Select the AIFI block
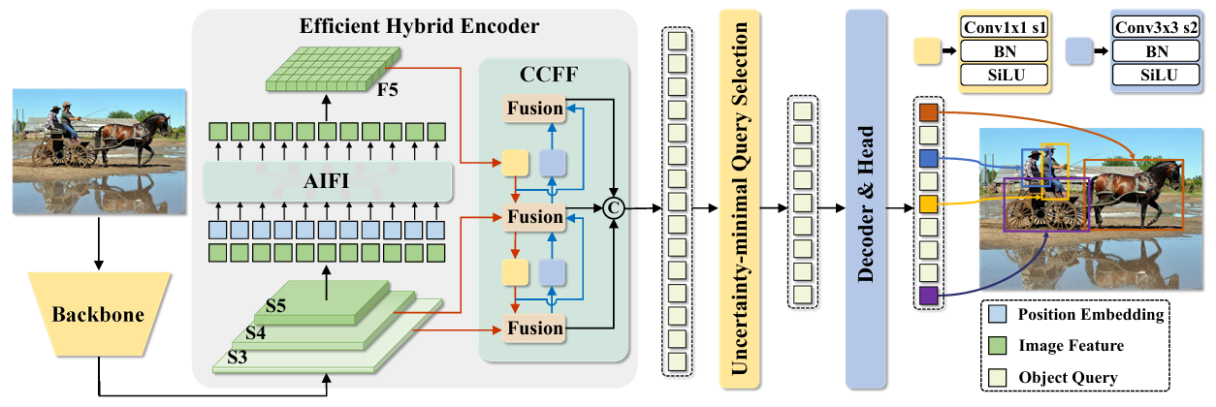click(x=329, y=181)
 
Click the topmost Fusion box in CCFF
click(x=533, y=108)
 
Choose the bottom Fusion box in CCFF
click(x=533, y=329)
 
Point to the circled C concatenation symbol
click(x=612, y=204)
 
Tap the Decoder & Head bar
click(x=868, y=194)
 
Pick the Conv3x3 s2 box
click(x=1152, y=28)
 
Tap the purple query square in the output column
click(x=928, y=296)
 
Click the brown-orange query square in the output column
click(x=928, y=111)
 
